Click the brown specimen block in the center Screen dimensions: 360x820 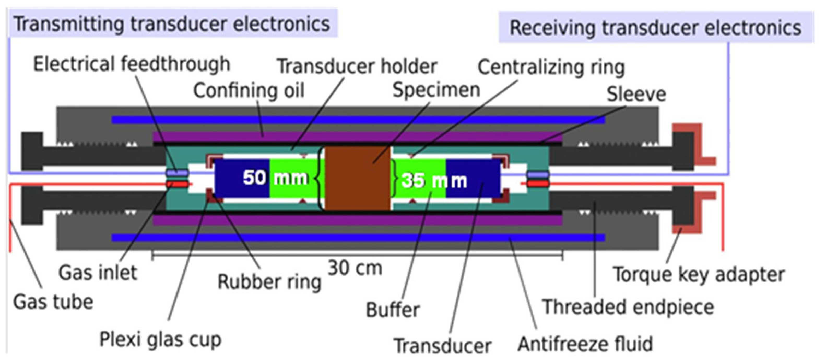pos(357,178)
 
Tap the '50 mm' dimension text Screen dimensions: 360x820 pos(275,178)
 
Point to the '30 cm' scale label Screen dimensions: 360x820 pos(355,268)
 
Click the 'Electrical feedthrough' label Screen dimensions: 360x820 pos(132,64)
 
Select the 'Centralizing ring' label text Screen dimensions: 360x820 pos(551,67)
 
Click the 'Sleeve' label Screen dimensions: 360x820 pos(636,94)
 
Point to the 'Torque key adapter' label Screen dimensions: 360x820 pos(699,274)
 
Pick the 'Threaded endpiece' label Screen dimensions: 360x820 pos(628,307)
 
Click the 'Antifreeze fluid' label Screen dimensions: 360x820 pos(585,344)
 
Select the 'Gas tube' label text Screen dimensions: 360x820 pos(53,302)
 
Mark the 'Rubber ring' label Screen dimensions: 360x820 pos(269,282)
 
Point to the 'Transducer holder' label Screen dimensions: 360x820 pos(357,67)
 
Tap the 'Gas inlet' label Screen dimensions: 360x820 pos(98,273)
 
